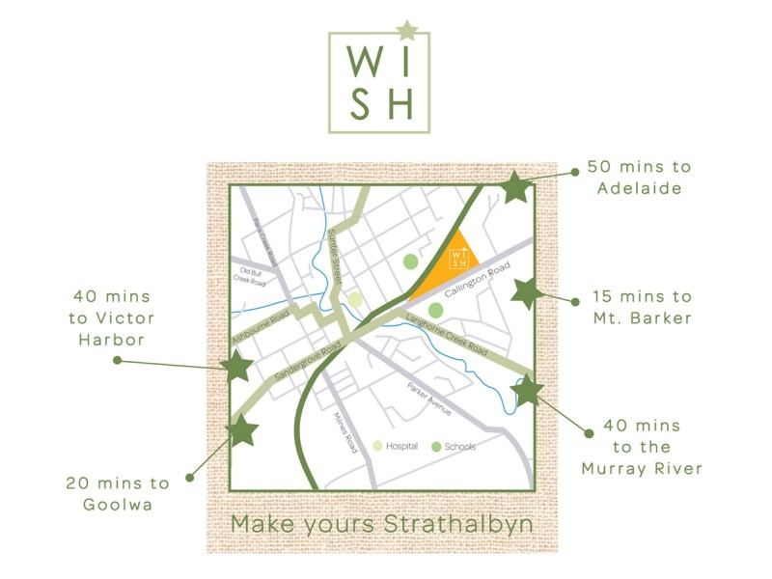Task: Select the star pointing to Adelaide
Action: pos(516,187)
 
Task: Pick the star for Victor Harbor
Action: pos(236,366)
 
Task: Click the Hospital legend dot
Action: pos(378,447)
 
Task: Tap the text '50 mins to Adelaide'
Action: pos(639,178)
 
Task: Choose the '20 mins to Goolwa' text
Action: pos(118,492)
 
